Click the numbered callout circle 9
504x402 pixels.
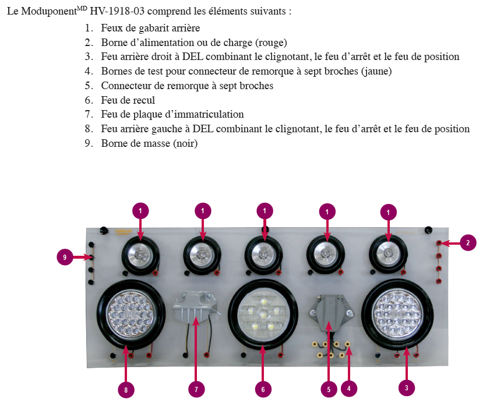pos(65,257)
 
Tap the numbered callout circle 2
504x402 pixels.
pos(468,243)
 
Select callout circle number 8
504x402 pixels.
pos(126,390)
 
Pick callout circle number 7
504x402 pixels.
pos(196,389)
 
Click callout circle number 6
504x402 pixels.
pos(263,389)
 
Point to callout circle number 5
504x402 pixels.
pos(329,389)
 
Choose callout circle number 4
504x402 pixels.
pos(349,389)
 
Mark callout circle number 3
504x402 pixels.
pos(406,387)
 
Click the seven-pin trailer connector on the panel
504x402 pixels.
pos(331,311)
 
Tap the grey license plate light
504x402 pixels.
pos(195,306)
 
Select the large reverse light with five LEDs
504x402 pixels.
pos(263,315)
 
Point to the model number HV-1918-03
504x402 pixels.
pos(117,11)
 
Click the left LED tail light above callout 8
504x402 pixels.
pos(131,315)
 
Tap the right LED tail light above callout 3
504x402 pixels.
pos(397,315)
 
